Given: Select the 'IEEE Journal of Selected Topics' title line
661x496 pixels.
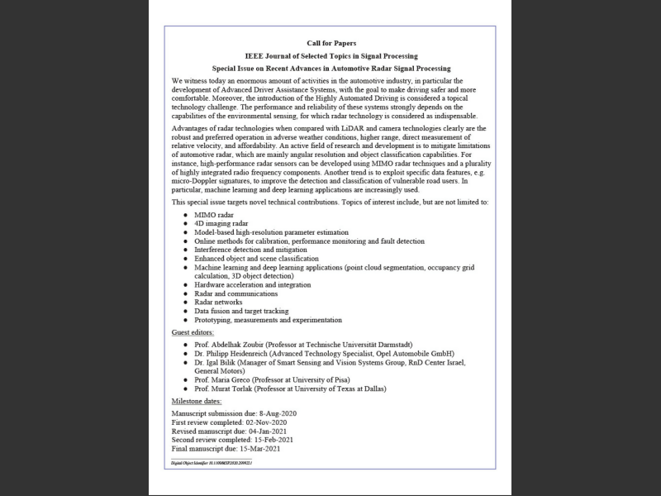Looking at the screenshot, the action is [x=330, y=55].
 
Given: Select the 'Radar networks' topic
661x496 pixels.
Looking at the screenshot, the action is [x=218, y=302].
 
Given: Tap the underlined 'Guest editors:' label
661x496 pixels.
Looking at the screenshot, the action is [x=193, y=331].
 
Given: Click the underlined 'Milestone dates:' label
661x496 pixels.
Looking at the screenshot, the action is [x=197, y=401].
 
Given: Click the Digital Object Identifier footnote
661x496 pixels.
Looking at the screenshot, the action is [x=211, y=465].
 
